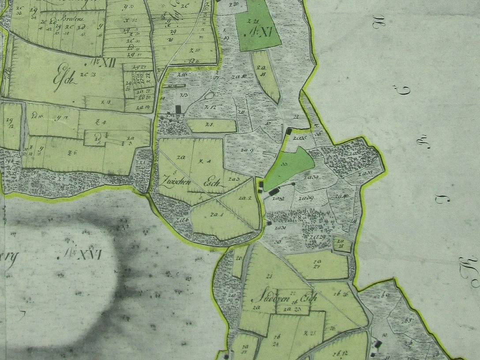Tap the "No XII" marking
[105, 63]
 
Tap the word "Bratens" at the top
[61, 21]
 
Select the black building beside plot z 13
[178, 109]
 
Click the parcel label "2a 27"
[316, 264]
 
